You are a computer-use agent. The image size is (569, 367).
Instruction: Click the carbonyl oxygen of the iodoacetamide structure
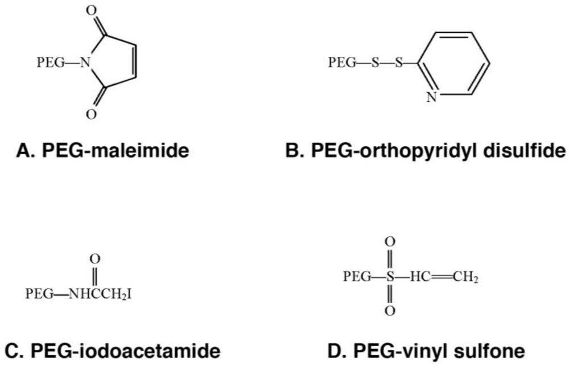point(95,259)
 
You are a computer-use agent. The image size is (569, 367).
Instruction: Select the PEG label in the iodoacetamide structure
point(38,295)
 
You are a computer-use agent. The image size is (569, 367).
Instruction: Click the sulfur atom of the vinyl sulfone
point(390,278)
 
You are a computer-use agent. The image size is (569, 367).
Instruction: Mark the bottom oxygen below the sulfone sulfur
point(390,311)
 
